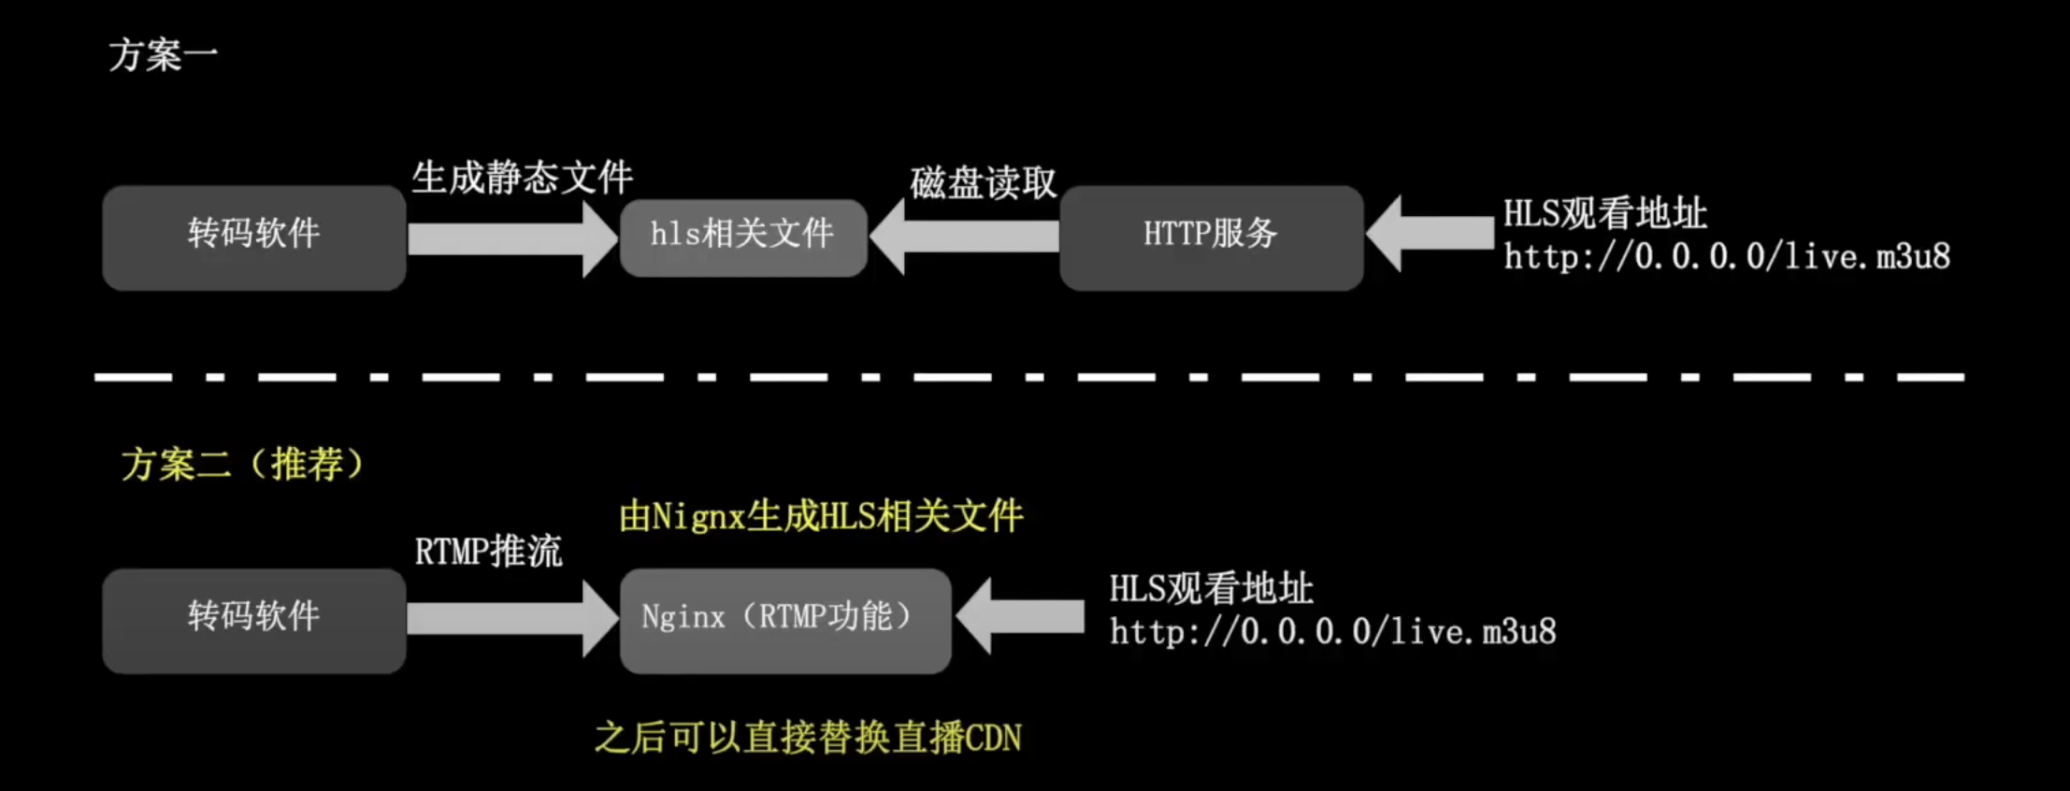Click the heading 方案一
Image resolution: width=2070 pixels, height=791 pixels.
pos(163,55)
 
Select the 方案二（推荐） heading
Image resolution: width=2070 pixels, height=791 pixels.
pos(242,464)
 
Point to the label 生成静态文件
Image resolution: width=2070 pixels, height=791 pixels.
pos(522,177)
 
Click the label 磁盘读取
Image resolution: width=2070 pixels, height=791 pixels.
pos(983,182)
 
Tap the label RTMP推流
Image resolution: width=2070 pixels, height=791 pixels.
pos(488,551)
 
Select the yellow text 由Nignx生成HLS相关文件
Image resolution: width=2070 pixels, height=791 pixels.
pos(821,516)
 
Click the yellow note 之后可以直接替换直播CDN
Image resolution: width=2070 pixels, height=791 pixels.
pos(808,738)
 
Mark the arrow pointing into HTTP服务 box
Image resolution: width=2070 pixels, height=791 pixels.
pos(1430,234)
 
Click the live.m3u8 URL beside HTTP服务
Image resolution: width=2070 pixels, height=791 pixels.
pos(1726,257)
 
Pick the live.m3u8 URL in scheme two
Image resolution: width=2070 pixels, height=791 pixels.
pos(1332,633)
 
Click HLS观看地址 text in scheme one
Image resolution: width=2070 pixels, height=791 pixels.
pos(1604,214)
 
